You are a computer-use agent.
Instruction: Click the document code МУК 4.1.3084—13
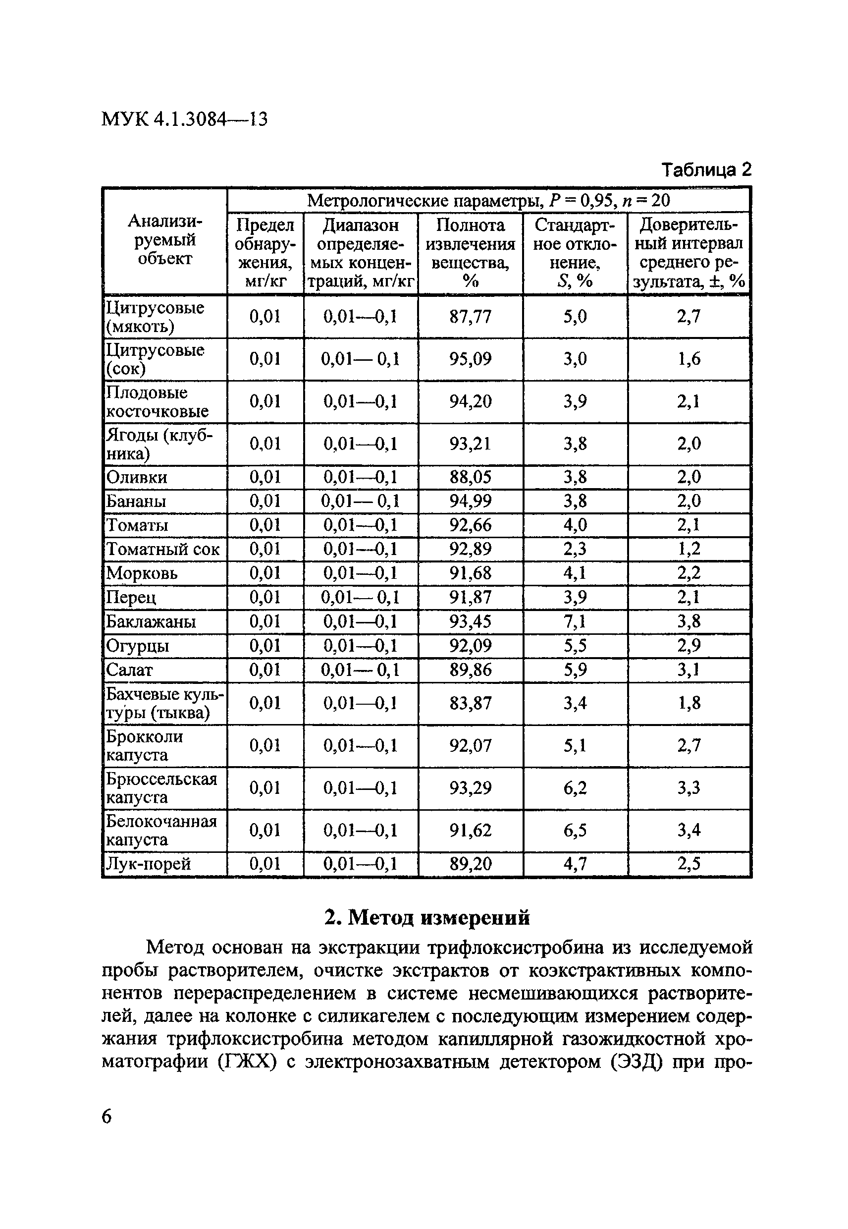pyautogui.click(x=184, y=119)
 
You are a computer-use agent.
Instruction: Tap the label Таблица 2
pyautogui.click(x=706, y=170)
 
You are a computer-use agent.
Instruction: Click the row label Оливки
pyautogui.click(x=137, y=477)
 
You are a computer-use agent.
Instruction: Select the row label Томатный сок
pyautogui.click(x=162, y=549)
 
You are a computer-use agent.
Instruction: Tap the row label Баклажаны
pyautogui.click(x=151, y=621)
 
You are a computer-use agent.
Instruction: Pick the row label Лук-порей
pyautogui.click(x=148, y=864)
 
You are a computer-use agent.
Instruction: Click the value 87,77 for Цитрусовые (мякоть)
pyautogui.click(x=470, y=317)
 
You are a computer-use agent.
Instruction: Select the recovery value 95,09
pyautogui.click(x=470, y=359)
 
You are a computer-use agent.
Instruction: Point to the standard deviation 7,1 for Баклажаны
pyautogui.click(x=575, y=621)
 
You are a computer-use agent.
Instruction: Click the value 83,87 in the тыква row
pyautogui.click(x=470, y=703)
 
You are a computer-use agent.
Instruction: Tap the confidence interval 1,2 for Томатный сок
pyautogui.click(x=689, y=549)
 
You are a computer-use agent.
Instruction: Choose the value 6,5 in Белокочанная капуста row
pyautogui.click(x=575, y=831)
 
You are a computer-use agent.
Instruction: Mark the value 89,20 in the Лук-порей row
pyautogui.click(x=470, y=864)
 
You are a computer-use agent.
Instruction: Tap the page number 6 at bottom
pyautogui.click(x=107, y=1117)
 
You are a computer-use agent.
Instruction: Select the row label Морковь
pyautogui.click(x=142, y=573)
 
